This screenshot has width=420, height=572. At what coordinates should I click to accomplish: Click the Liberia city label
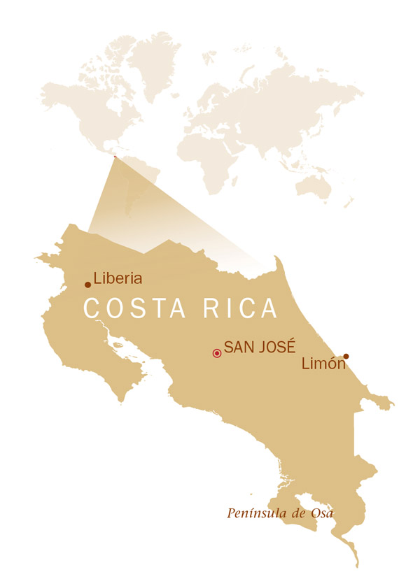tap(118, 278)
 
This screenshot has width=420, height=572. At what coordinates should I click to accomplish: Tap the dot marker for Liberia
tap(87, 285)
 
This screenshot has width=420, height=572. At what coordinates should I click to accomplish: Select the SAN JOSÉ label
tap(260, 347)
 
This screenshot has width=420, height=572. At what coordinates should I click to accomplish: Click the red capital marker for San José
tap(217, 354)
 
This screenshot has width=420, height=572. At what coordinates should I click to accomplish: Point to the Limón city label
tap(323, 363)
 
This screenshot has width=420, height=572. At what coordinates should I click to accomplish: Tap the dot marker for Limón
tap(346, 356)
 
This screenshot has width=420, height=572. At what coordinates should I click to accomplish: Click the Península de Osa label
tap(279, 513)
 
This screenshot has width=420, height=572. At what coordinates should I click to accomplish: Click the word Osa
tap(322, 513)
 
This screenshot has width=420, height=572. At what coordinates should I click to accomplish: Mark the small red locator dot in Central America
tap(115, 157)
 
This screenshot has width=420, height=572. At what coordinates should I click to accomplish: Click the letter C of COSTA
tap(92, 308)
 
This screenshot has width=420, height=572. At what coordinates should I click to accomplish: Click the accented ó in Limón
tap(333, 363)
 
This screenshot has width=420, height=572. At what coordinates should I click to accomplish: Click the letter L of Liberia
tap(97, 278)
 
